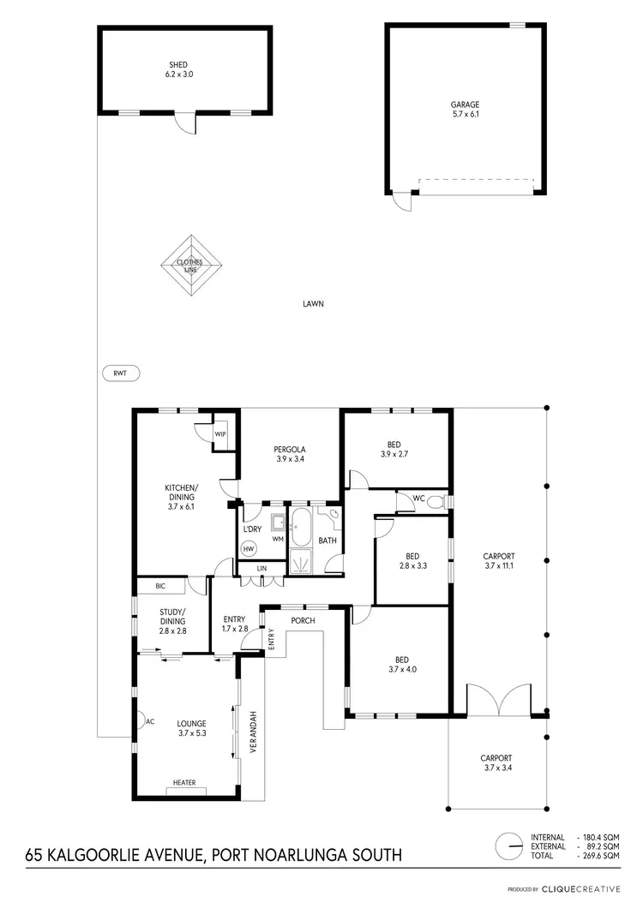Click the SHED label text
click(177, 64)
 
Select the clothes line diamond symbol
click(189, 266)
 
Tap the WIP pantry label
click(220, 434)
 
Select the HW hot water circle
click(249, 548)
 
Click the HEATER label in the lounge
click(183, 782)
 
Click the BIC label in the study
click(160, 587)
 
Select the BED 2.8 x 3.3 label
click(412, 560)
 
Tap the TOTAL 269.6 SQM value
click(599, 855)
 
